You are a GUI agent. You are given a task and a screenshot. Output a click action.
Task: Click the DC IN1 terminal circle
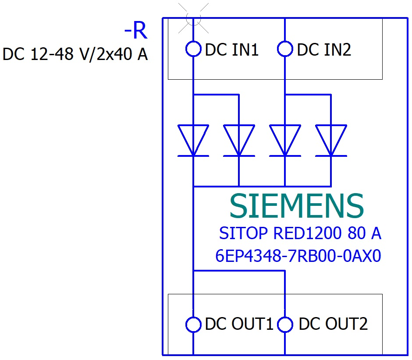point(193,49)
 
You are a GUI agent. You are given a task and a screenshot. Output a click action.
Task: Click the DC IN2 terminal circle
point(285,49)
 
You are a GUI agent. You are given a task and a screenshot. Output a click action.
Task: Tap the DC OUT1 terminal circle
point(193,325)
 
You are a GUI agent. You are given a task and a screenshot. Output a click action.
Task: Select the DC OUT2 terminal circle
point(285,325)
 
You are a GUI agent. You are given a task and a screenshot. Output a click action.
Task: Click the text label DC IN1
point(232,50)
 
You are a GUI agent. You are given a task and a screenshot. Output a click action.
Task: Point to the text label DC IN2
point(324,50)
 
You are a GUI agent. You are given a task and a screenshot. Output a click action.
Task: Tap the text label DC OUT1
point(239,325)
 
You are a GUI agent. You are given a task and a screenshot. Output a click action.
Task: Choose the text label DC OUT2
point(333,325)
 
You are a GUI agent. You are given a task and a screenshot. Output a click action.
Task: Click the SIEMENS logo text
point(297,206)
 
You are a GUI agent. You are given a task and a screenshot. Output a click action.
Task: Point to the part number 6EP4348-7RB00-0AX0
point(298,256)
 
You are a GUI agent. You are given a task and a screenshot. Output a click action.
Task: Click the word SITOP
point(244,234)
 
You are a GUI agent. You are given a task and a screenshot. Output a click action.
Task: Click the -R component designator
point(136,32)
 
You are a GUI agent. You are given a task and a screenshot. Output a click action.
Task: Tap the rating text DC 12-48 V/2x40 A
point(75,55)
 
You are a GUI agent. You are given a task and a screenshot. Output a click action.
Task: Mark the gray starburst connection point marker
point(193,18)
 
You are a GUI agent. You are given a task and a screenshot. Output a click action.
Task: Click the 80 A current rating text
point(365,234)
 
